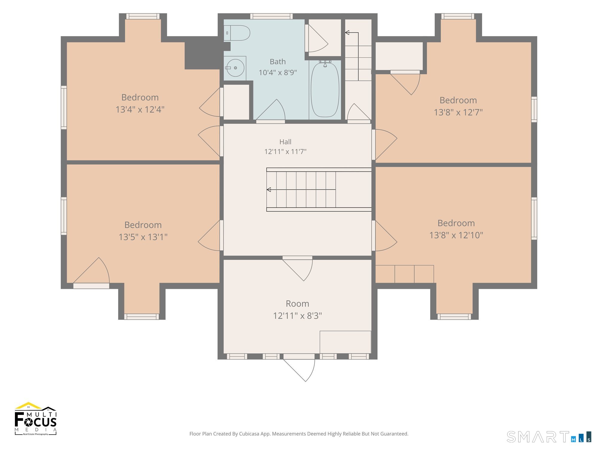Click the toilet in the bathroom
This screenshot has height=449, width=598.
pos(237,33)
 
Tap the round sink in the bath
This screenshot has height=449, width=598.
pos(235,68)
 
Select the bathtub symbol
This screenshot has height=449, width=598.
pos(325,90)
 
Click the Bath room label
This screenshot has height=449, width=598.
pos(278,62)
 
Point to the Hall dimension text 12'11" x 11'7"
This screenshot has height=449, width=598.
pos(285,151)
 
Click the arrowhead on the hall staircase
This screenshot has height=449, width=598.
pos(269,189)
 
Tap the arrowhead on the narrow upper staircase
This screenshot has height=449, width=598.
pos(347,32)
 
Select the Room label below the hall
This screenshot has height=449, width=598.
pos(298,304)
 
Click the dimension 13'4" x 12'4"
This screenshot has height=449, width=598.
pos(140,109)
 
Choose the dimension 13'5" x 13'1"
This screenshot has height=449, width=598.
pos(143,237)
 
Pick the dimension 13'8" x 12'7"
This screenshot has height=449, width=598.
pos(458,112)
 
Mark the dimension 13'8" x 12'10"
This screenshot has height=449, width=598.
pos(456,235)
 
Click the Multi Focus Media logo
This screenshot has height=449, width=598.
pos(36,418)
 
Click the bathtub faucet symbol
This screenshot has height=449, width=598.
pos(325,63)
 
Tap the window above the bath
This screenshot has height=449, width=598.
pos(271,16)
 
